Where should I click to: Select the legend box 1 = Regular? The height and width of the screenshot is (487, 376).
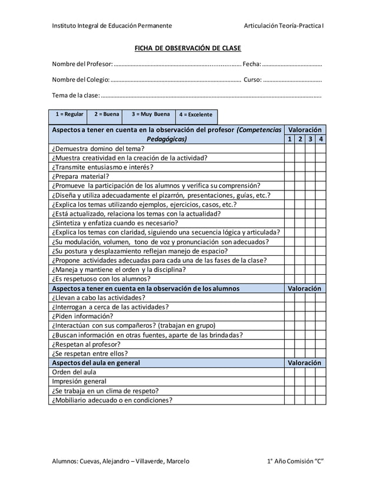69,114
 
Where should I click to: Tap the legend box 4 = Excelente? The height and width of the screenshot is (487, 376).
195,115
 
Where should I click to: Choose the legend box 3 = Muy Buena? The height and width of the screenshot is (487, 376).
150,114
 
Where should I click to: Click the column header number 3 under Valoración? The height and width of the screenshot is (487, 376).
310,139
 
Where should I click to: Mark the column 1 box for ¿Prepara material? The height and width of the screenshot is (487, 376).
289,176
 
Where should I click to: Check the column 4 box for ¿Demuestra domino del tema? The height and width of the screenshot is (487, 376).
320,149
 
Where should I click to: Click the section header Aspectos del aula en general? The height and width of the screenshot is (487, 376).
96,363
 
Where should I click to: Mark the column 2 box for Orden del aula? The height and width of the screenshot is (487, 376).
300,372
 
